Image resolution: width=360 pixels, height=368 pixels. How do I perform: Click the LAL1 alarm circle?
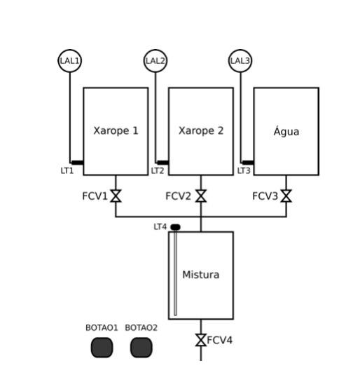(69, 61)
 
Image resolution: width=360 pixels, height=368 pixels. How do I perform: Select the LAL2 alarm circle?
(155, 61)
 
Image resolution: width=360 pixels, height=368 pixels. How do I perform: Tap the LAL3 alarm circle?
(240, 61)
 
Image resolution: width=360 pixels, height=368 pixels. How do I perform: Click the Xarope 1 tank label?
(116, 130)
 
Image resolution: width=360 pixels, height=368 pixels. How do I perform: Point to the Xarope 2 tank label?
(201, 130)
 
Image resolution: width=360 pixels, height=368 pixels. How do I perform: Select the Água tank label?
(286, 131)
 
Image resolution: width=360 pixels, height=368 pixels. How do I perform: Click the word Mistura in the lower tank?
(201, 275)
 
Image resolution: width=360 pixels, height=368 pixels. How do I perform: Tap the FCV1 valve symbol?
(116, 196)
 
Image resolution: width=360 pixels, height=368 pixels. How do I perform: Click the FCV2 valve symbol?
(201, 196)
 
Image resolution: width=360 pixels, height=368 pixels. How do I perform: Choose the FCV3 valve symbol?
(286, 196)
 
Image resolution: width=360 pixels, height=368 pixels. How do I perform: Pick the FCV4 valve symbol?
(201, 340)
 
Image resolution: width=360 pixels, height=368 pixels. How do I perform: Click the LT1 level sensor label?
(67, 170)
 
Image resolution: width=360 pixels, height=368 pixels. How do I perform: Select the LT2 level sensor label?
(158, 170)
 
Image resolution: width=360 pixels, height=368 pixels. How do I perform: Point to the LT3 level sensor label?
(243, 170)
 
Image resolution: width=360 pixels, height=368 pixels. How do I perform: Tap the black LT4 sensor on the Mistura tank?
(175, 227)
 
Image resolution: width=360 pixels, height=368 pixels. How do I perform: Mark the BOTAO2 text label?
(141, 327)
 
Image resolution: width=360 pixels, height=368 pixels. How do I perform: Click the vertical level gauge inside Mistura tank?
(175, 273)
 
